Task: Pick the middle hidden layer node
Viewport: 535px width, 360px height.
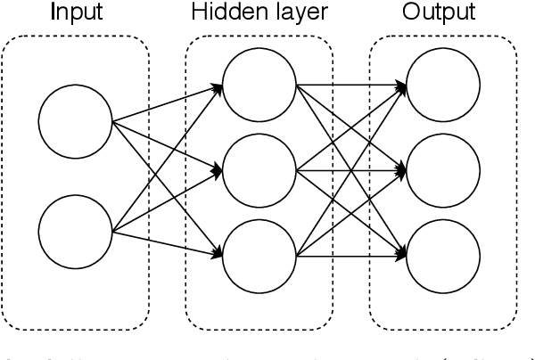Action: (x=259, y=170)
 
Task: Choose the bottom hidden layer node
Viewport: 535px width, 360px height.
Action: (x=259, y=256)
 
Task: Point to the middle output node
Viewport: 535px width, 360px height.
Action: (x=443, y=170)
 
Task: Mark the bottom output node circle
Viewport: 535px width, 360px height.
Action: (x=443, y=256)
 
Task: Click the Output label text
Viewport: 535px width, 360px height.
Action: (x=438, y=12)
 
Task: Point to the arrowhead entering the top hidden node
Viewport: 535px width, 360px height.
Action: (x=218, y=86)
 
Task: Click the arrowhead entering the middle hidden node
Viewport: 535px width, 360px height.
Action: (x=218, y=168)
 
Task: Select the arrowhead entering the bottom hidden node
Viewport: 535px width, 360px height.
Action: (x=218, y=256)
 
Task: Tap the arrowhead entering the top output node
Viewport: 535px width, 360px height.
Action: (x=403, y=86)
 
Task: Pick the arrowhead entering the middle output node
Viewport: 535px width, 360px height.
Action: (x=403, y=169)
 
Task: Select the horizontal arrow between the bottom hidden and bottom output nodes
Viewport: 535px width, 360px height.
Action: (x=348, y=256)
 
